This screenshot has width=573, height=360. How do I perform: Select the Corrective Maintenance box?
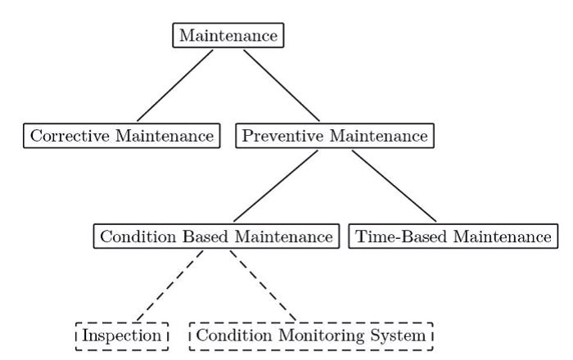click(121, 136)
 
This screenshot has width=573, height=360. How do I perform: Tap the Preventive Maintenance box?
click(335, 136)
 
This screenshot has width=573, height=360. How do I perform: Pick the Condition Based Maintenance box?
click(216, 236)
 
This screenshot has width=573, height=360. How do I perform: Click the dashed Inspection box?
click(121, 335)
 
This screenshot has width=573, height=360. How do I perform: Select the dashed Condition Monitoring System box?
click(310, 335)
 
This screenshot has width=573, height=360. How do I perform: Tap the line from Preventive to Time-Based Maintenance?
click(394, 187)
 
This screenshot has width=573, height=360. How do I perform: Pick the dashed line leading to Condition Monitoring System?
click(263, 286)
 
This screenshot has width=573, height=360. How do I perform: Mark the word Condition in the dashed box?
click(230, 335)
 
